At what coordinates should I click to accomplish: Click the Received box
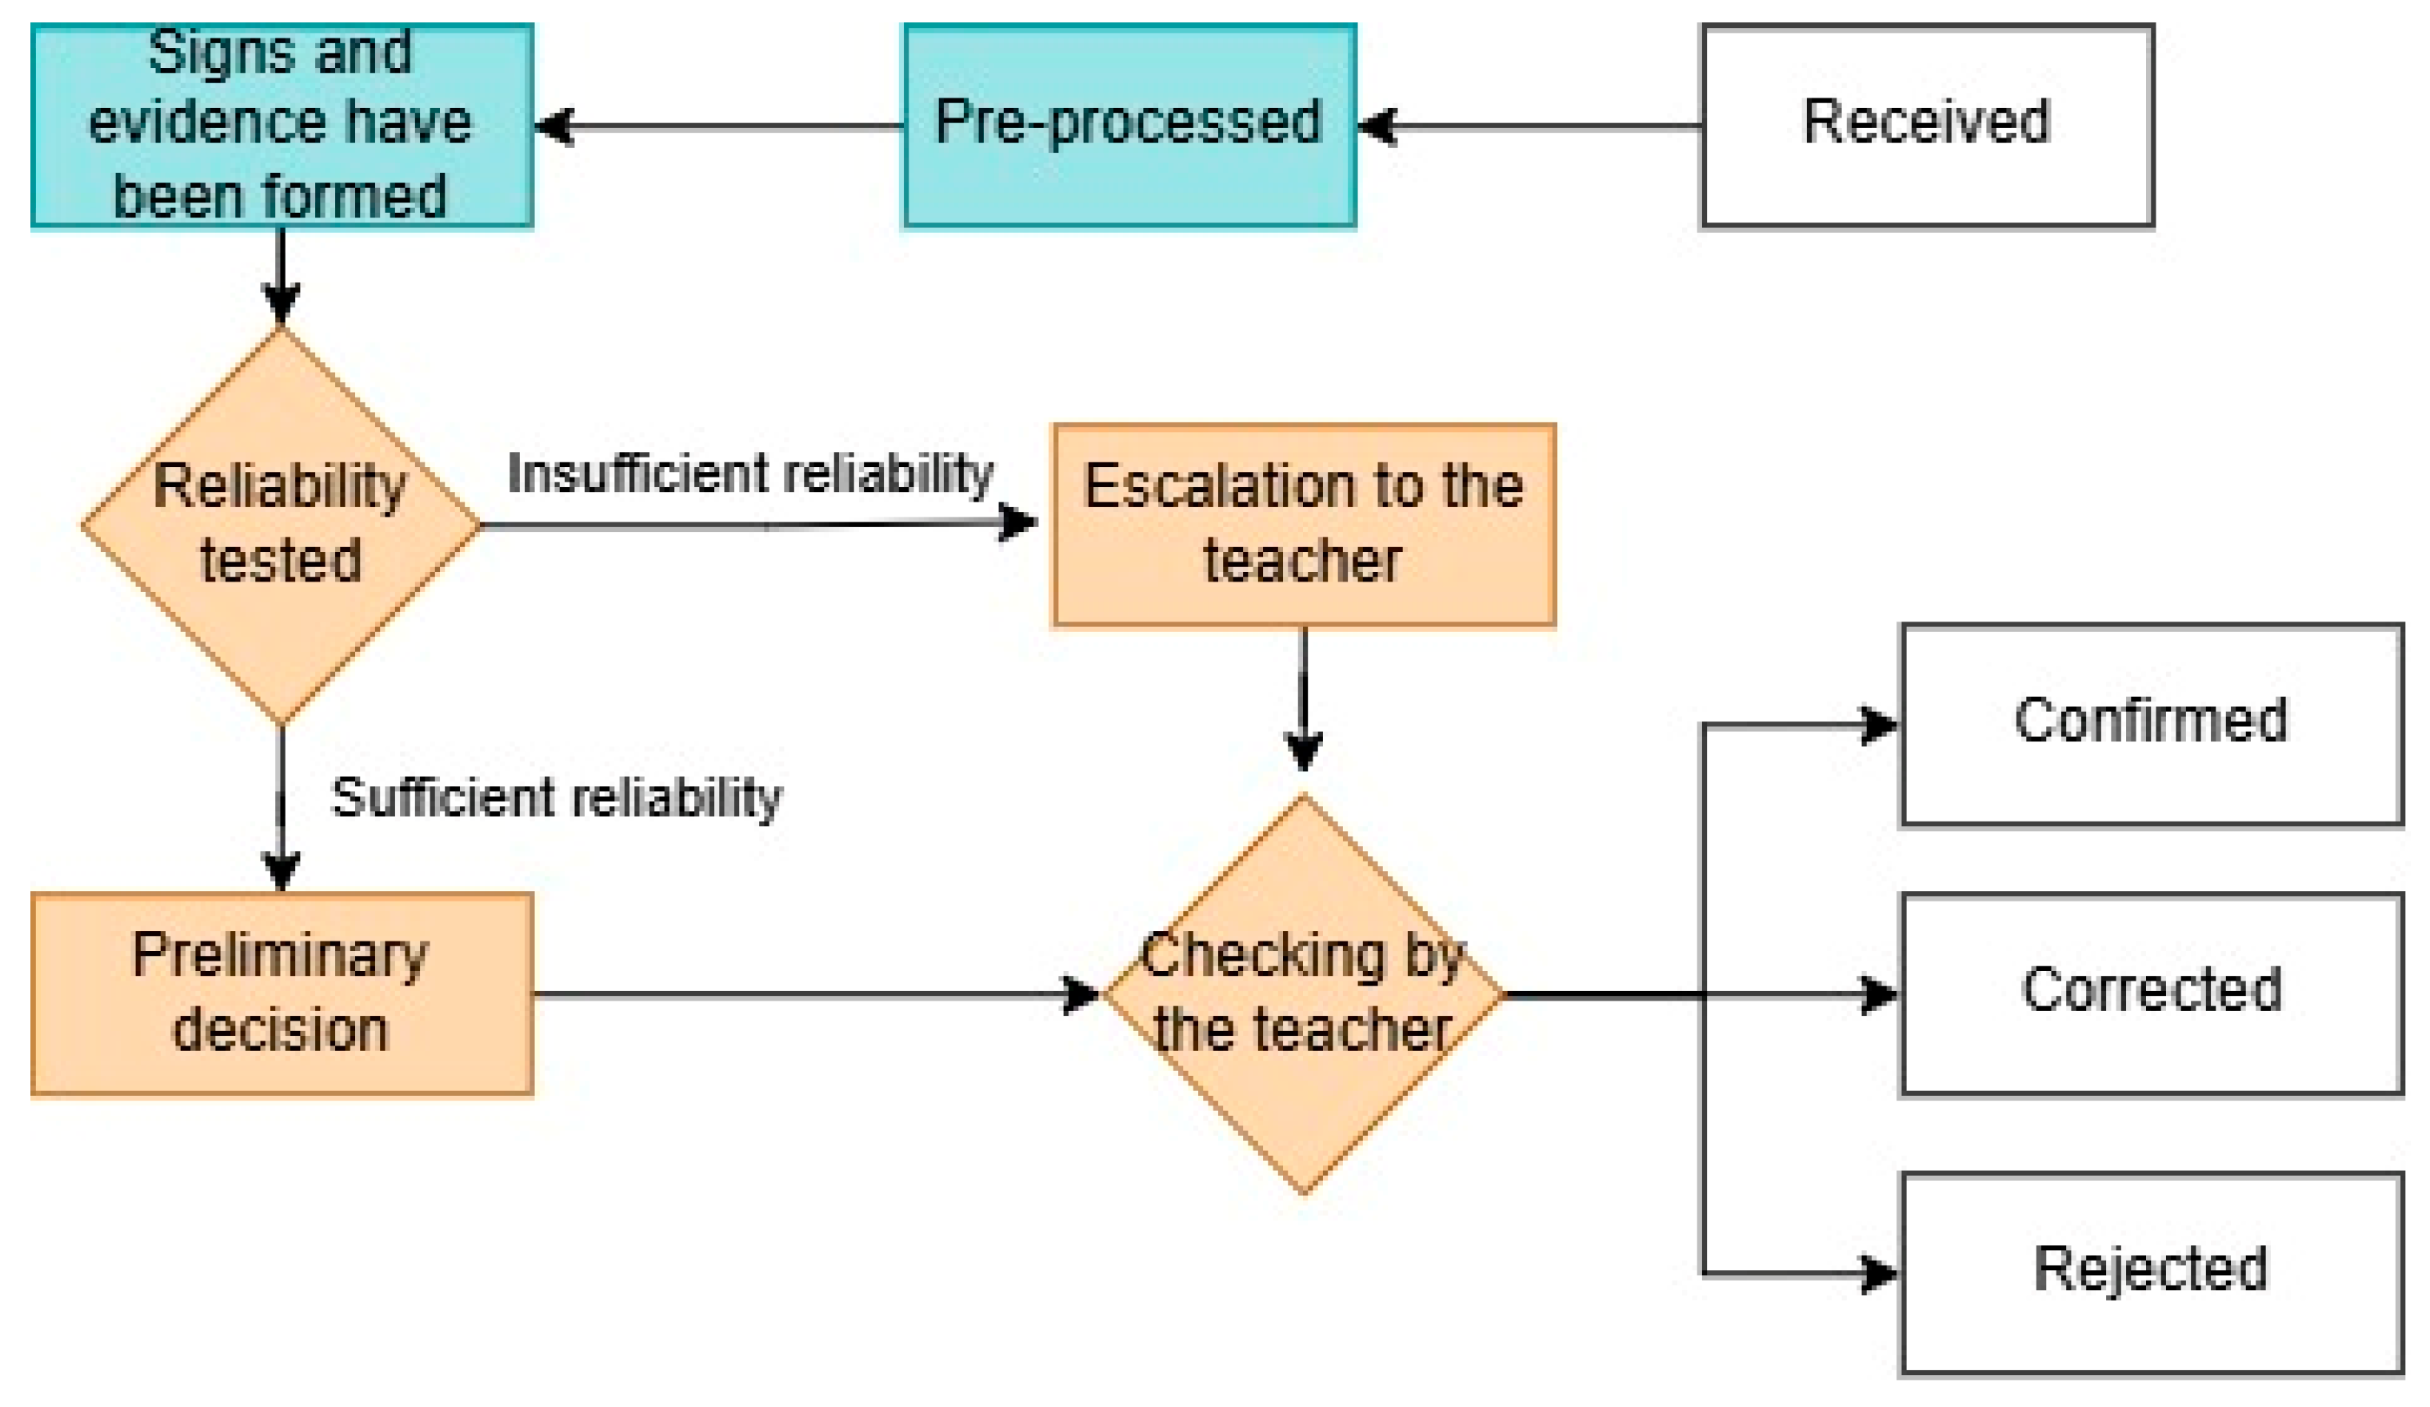1928,126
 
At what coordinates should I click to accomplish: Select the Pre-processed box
1129,126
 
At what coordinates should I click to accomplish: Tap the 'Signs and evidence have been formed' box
282,126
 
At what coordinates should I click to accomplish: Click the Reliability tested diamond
282,526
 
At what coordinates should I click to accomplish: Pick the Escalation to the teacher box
1304,526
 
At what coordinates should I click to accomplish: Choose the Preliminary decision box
282,994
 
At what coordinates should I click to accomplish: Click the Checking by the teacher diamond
1304,994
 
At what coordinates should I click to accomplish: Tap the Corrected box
2152,994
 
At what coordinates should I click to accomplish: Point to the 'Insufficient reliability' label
750,474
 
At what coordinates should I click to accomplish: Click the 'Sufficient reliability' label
557,797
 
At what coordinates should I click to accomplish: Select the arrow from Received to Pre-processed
1529,126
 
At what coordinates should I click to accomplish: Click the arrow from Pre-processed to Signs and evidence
718,126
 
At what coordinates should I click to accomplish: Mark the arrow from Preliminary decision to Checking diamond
817,994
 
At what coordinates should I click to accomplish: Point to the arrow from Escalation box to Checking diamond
1304,699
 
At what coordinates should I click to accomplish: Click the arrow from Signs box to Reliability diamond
282,277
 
